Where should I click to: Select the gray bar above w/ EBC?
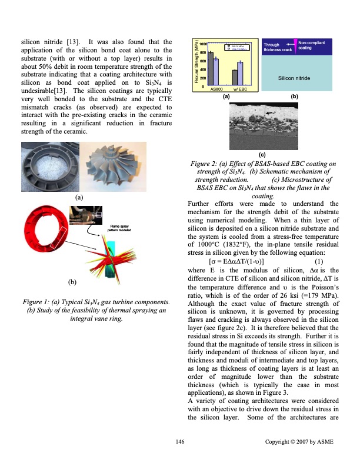pos(235,78)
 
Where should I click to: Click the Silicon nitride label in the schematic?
pos(295,78)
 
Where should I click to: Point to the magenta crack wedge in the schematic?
pos(295,45)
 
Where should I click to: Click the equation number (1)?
pos(319,262)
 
